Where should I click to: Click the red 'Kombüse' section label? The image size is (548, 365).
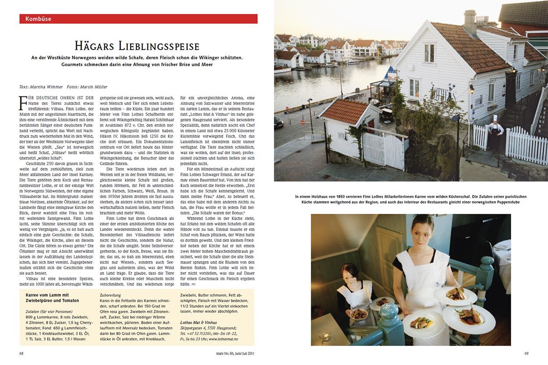point(39,19)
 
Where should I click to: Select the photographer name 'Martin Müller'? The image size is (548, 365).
point(94,87)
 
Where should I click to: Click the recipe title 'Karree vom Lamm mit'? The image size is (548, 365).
point(47,295)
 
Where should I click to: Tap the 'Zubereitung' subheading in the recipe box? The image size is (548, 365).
point(110,295)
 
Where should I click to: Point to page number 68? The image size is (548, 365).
point(21,353)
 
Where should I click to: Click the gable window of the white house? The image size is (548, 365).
point(429,53)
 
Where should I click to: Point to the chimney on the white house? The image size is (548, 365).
point(470,22)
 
